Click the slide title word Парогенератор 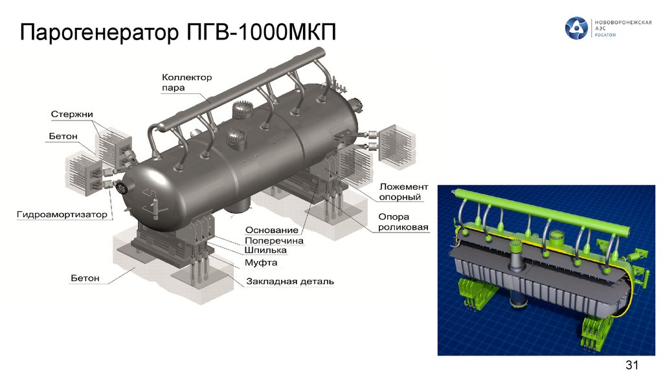click(99, 32)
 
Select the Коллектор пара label click(186, 82)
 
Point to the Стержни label click(71, 114)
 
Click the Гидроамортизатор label click(62, 214)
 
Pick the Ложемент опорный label click(403, 192)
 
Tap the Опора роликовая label click(403, 222)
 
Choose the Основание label click(272, 230)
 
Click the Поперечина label click(274, 241)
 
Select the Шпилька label click(265, 251)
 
